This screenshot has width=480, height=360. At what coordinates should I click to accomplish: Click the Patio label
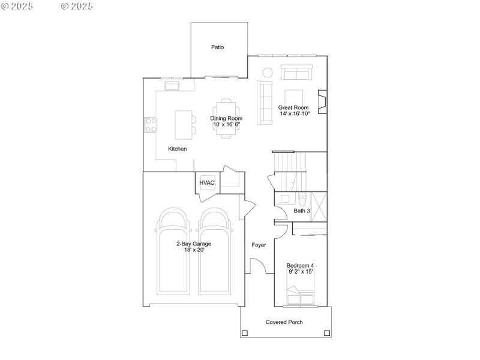(217, 47)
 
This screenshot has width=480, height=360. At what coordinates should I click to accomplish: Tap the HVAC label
(207, 183)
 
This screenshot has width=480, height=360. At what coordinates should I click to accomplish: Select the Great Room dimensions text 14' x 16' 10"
(294, 113)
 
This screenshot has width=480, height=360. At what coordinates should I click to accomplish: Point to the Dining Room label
(226, 118)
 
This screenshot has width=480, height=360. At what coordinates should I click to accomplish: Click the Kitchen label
(177, 148)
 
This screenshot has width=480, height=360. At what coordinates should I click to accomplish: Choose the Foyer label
(259, 245)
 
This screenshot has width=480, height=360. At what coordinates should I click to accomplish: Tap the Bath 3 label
(302, 211)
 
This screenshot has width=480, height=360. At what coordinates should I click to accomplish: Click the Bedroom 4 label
(300, 265)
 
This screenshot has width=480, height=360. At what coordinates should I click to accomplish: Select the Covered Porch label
(284, 322)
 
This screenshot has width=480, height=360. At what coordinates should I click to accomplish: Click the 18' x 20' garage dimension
(193, 250)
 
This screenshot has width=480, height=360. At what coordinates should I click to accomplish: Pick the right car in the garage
(215, 251)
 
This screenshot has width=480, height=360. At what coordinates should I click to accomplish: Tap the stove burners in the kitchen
(150, 125)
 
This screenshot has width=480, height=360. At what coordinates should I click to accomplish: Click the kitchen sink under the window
(172, 86)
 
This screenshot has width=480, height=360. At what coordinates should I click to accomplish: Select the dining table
(226, 118)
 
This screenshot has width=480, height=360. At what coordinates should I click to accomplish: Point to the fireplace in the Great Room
(322, 102)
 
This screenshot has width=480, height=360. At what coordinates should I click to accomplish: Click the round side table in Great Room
(268, 73)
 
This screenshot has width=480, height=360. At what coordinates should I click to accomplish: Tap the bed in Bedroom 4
(300, 296)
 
